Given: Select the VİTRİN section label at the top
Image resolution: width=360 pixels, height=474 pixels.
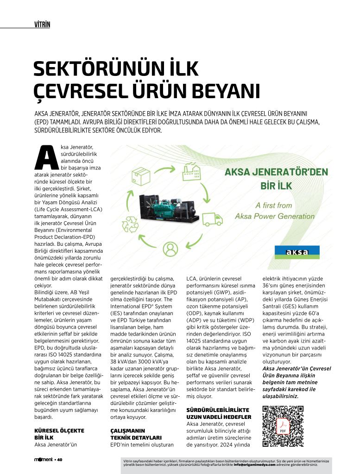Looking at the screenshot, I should coord(42,24).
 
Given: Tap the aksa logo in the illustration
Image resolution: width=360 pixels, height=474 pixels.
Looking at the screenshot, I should coord(297,252).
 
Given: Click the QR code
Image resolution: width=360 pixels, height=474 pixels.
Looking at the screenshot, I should coord(283,425).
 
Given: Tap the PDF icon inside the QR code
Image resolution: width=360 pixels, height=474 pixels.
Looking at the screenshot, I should coord(283,427).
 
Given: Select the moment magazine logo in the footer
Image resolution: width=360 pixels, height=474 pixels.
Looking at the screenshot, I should coord(44,460).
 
